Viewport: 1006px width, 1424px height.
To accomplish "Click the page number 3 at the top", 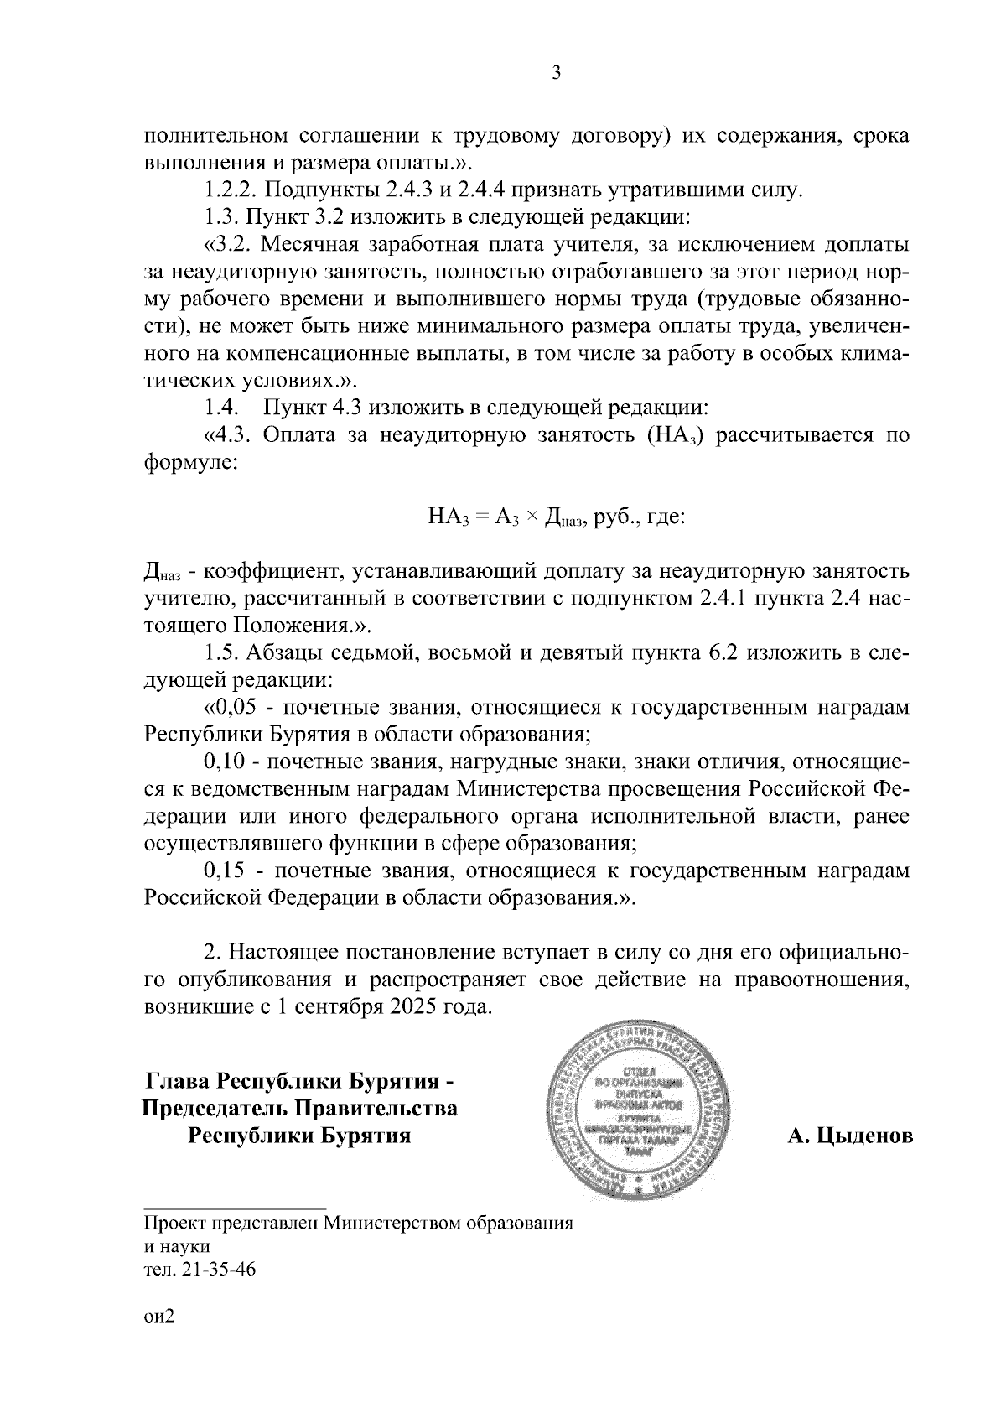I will pyautogui.click(x=556, y=74).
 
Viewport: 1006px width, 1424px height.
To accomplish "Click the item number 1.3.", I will pyautogui.click(x=221, y=218).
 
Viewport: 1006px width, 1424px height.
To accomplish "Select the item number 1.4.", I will pyautogui.click(x=221, y=408).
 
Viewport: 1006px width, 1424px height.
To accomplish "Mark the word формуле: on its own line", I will pyautogui.click(x=189, y=463).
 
